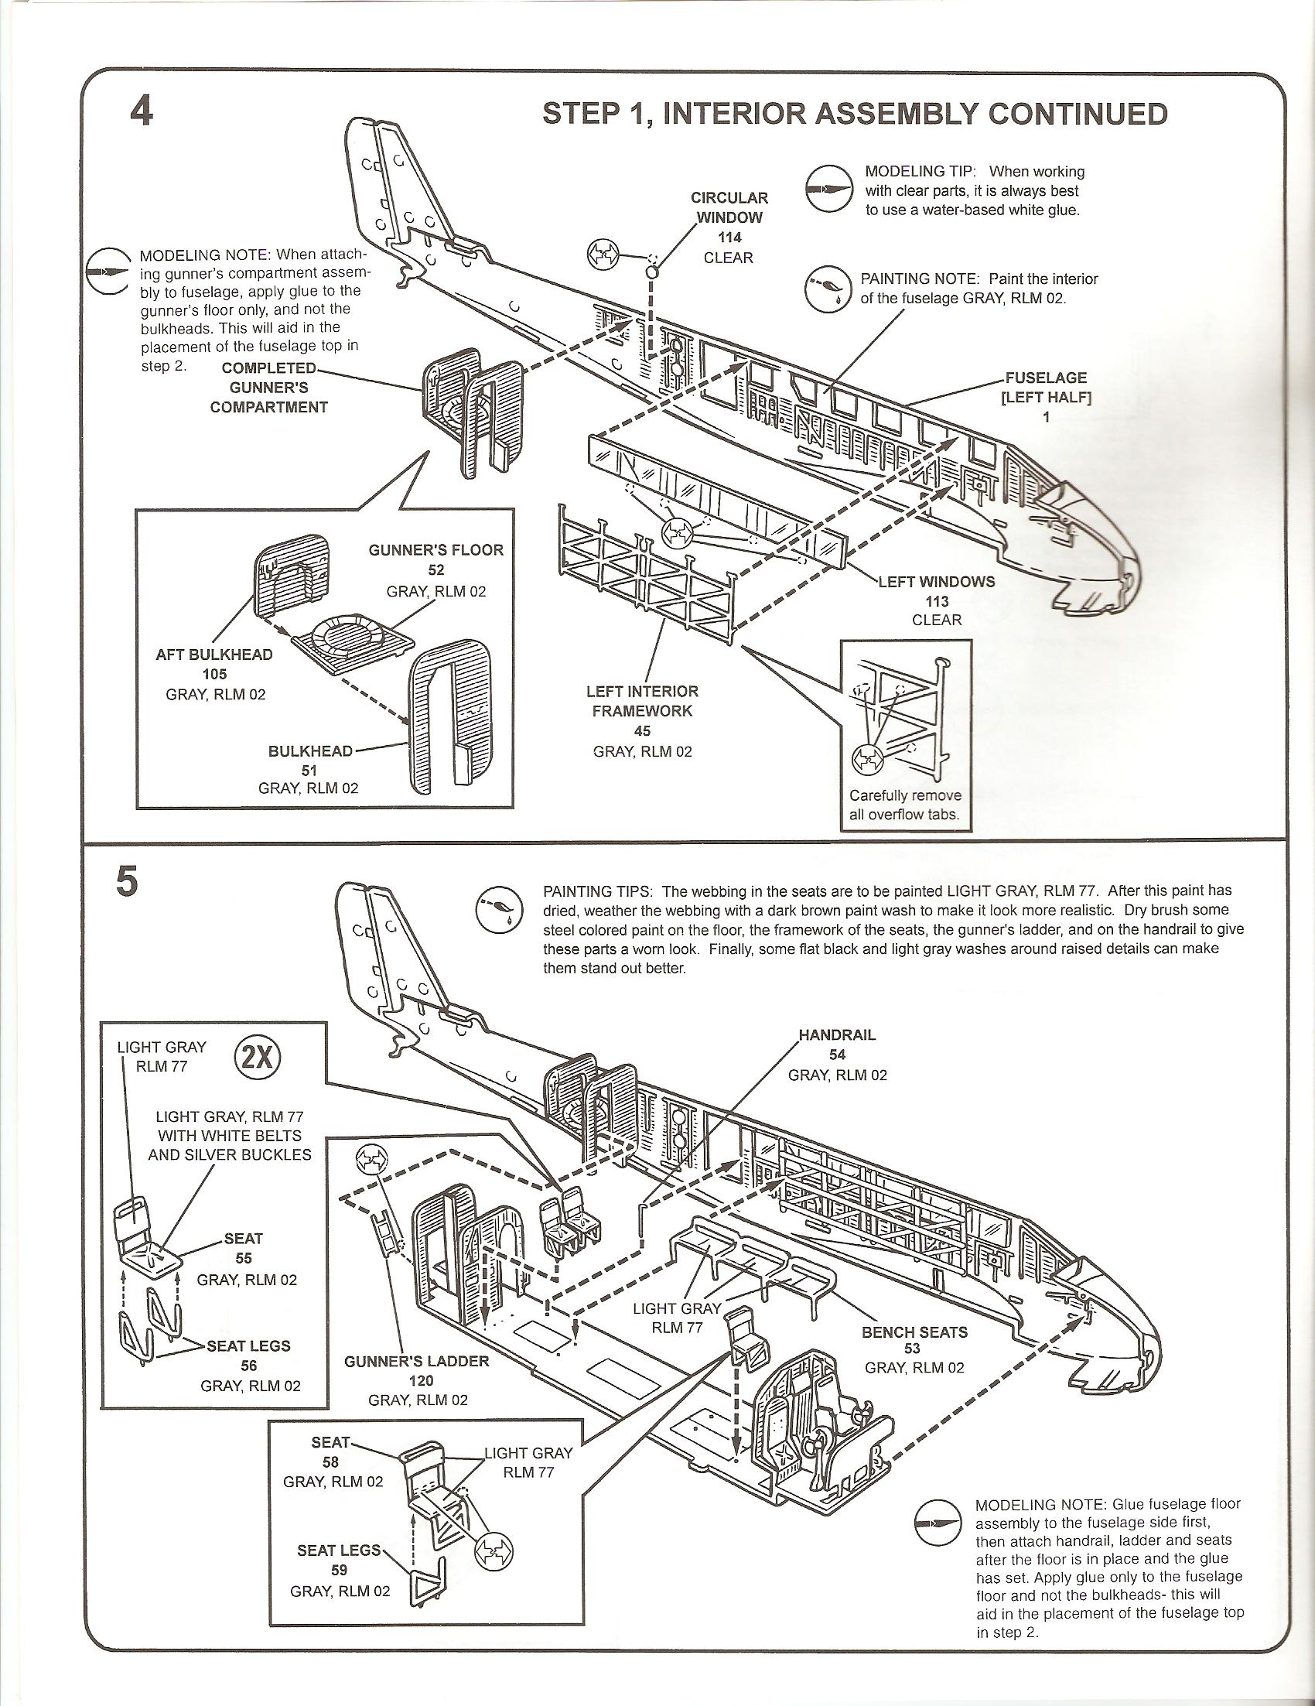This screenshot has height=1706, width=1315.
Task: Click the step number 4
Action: (142, 111)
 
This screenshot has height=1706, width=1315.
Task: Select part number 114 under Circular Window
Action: (729, 238)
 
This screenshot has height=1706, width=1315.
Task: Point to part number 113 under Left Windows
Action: (936, 600)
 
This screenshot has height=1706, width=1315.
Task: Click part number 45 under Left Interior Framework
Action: (642, 731)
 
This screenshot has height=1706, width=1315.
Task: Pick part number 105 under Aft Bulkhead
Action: (215, 674)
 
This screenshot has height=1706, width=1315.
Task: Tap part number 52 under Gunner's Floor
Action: (435, 569)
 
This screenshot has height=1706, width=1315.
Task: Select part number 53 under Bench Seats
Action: (912, 1349)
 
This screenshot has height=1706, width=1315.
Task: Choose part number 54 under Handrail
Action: (837, 1055)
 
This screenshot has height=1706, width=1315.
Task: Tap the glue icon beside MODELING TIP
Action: (828, 189)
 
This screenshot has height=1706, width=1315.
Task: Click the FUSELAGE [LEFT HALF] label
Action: (1046, 388)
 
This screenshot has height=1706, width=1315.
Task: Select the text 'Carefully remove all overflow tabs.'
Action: (905, 806)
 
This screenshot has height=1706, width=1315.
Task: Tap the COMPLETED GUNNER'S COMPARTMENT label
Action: (268, 388)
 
